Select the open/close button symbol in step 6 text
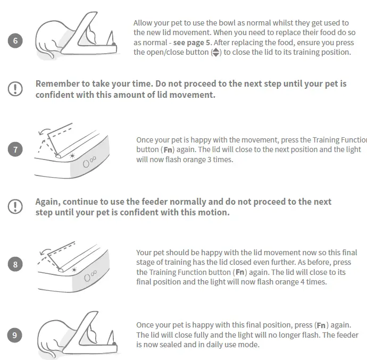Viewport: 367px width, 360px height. click(215, 52)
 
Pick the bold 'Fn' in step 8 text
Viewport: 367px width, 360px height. click(240, 272)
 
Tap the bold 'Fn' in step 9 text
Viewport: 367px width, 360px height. click(321, 325)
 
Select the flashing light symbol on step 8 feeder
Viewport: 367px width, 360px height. click(73, 270)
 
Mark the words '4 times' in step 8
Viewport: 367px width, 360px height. click(314, 282)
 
